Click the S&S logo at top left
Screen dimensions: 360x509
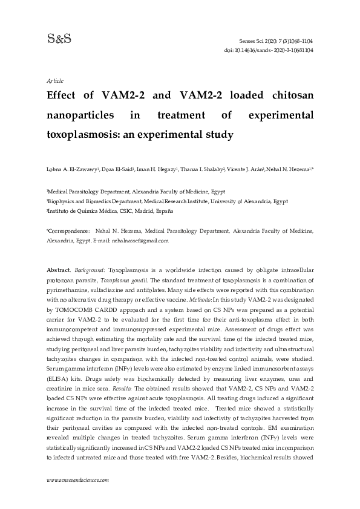click(x=59, y=39)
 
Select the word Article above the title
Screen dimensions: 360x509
click(x=55, y=80)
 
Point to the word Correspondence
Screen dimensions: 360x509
click(x=68, y=231)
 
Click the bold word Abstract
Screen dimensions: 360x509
click(x=58, y=268)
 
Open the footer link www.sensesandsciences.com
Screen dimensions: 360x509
click(x=77, y=479)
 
